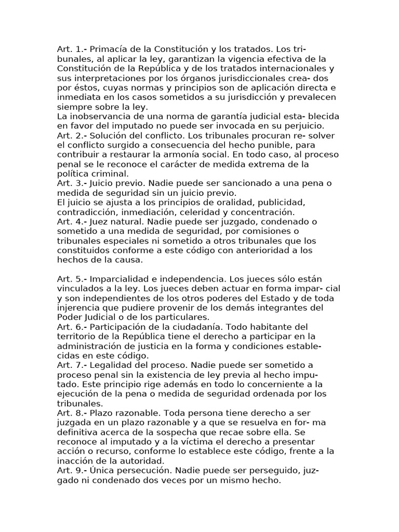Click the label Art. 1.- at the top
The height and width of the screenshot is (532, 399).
[72, 49]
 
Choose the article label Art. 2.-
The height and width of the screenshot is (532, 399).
[72, 135]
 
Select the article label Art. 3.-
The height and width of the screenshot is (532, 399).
[72, 183]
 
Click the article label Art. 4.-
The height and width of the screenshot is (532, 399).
[72, 221]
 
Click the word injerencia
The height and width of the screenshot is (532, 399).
[79, 307]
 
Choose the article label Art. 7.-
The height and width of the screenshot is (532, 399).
[72, 365]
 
